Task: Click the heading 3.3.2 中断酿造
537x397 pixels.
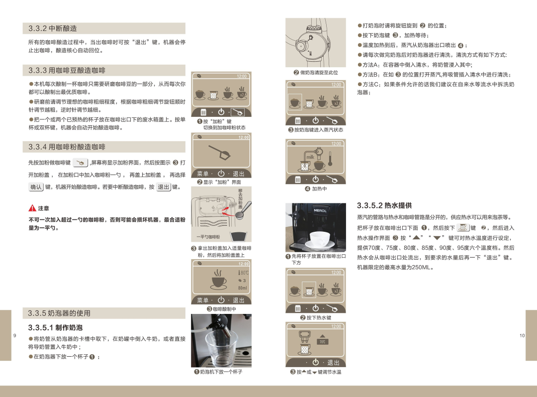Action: pyautogui.click(x=53, y=28)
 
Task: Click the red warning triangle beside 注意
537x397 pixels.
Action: pyautogui.click(x=32, y=208)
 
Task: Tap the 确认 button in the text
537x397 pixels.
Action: pyautogui.click(x=36, y=187)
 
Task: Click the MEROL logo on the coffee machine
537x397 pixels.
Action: pyautogui.click(x=320, y=210)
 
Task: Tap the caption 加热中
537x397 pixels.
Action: pyautogui.click(x=319, y=189)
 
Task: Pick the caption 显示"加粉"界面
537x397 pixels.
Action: pyautogui.click(x=219, y=183)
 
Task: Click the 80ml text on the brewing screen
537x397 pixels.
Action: pyautogui.click(x=243, y=288)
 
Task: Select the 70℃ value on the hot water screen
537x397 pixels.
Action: pyautogui.click(x=323, y=342)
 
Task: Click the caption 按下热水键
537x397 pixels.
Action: pyautogui.click(x=319, y=317)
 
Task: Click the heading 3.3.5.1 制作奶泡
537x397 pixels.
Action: pyautogui.click(x=55, y=327)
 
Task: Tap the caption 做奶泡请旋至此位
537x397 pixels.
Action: pyautogui.click(x=319, y=73)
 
